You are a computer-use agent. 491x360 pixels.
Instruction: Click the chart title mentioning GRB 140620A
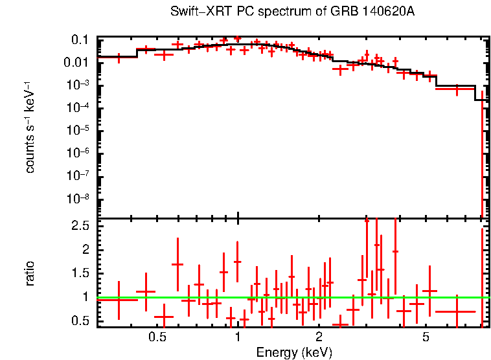click(x=292, y=12)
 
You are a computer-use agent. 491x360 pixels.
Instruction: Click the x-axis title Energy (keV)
click(x=294, y=352)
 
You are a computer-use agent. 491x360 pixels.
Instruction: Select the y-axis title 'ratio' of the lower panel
click(x=30, y=273)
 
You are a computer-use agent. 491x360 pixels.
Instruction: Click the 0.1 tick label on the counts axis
click(x=80, y=40)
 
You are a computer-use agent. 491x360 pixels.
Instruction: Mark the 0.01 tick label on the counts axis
click(x=76, y=63)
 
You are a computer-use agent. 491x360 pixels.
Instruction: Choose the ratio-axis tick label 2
click(x=85, y=250)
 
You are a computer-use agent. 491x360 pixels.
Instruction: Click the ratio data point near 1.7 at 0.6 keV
click(x=177, y=264)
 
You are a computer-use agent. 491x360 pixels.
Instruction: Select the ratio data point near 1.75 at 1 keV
click(x=237, y=262)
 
